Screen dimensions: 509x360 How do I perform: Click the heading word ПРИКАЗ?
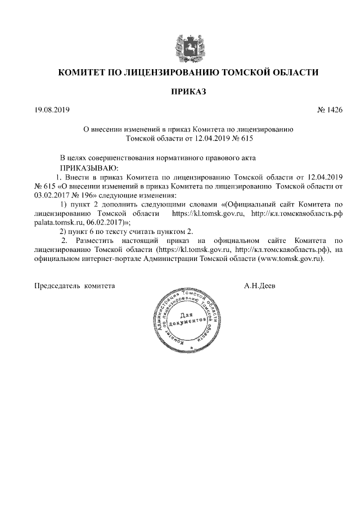[181, 91]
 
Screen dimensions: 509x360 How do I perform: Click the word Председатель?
[58, 286]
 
